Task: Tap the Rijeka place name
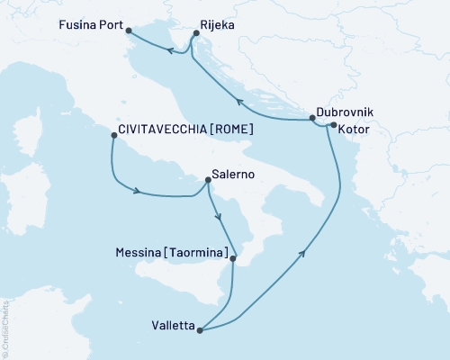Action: click(218, 25)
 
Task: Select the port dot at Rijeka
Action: click(195, 34)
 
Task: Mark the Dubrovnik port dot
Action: click(311, 118)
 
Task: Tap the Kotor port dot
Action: click(333, 125)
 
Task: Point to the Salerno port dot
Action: click(208, 180)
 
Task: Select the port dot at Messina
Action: click(233, 259)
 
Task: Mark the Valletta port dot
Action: click(200, 329)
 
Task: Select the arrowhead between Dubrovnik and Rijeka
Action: click(238, 102)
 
